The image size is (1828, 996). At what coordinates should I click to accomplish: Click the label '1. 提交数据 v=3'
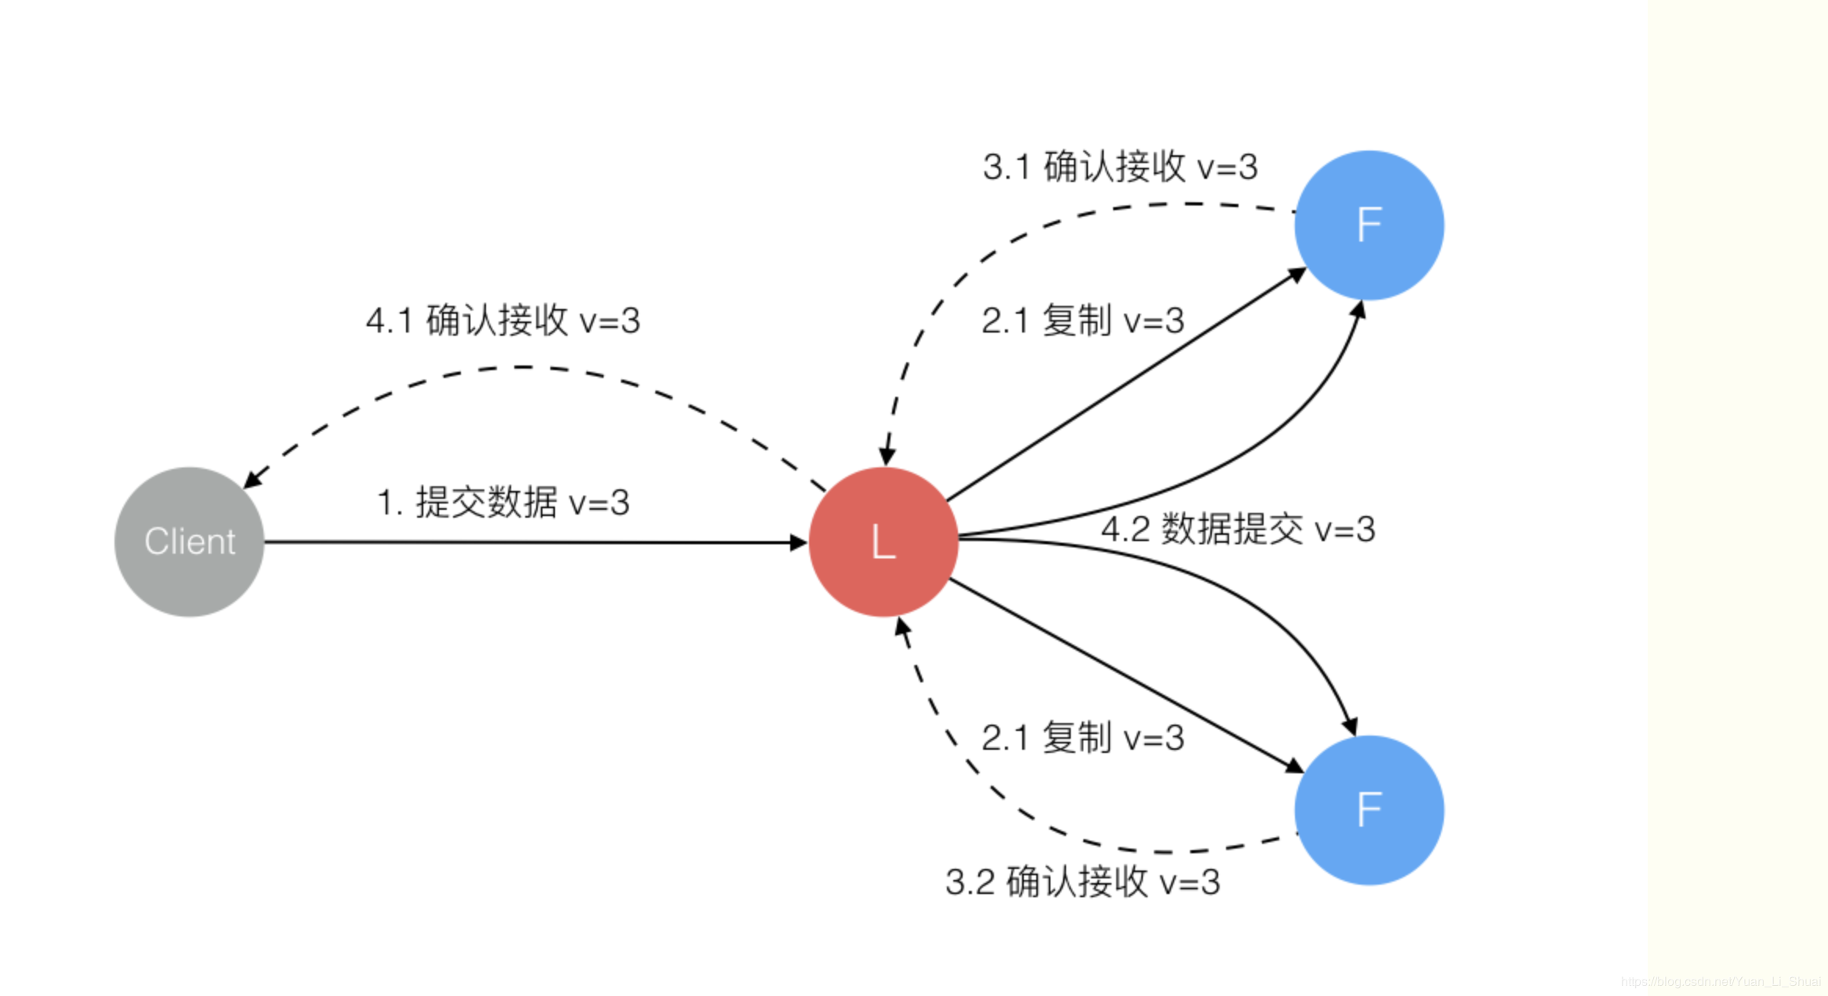tap(503, 503)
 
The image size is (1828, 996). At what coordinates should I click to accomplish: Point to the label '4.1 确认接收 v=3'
tap(503, 321)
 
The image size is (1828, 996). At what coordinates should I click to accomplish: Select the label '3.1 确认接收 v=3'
tap(1120, 167)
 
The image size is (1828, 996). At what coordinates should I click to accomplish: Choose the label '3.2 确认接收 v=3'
tap(1083, 882)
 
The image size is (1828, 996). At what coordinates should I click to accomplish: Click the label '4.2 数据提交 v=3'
tap(1238, 529)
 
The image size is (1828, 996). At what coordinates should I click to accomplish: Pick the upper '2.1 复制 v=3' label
tap(1083, 321)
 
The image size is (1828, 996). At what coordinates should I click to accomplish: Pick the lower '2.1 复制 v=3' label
tap(1083, 738)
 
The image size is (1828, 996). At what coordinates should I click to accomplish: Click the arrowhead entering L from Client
tap(798, 542)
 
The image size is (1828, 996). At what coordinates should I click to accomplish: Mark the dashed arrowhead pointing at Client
tap(253, 478)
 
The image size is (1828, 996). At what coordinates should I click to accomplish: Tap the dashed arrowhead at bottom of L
tap(902, 627)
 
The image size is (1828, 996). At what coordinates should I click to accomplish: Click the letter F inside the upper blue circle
tap(1369, 225)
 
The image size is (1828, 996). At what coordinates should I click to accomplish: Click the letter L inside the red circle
tap(883, 542)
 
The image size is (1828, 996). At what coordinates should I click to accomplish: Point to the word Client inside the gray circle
tap(189, 542)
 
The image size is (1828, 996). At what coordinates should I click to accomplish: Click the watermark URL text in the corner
tap(1721, 981)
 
